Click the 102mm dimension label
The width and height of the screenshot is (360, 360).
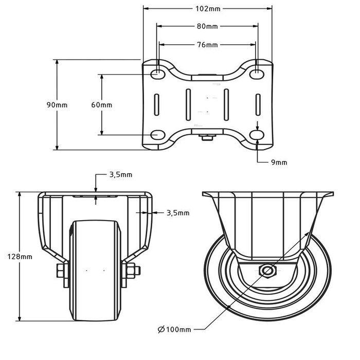207,9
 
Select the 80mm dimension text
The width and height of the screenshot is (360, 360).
207,26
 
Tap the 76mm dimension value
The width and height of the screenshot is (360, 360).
207,45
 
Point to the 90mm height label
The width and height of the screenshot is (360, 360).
57,104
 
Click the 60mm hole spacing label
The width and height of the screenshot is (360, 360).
101,105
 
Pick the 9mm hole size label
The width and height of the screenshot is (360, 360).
279,163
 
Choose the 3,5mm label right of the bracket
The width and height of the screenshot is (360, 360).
178,212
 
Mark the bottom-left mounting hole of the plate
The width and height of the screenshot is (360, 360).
157,135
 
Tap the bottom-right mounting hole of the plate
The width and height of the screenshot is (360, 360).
256,135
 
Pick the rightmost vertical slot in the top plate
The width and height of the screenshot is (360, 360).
256,105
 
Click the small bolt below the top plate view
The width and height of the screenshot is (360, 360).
207,137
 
